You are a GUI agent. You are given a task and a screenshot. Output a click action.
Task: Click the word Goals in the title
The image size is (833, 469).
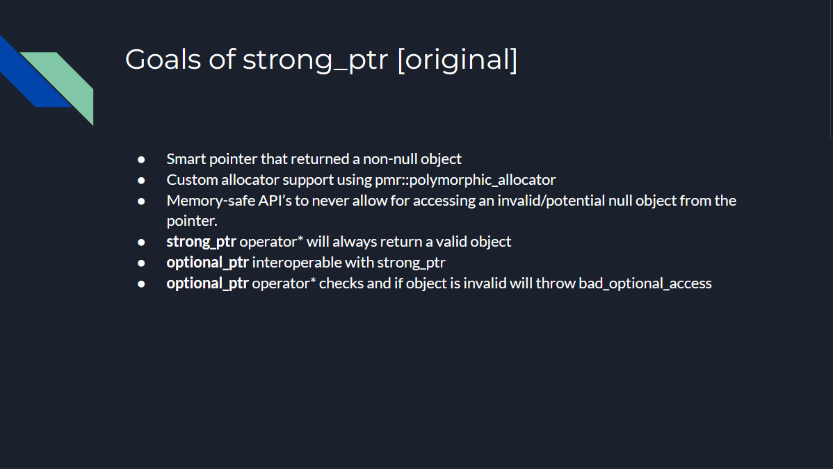[163, 59]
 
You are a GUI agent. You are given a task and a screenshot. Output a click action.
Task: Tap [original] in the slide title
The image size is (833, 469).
[458, 60]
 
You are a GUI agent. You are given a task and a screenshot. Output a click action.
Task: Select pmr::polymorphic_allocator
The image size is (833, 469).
[465, 180]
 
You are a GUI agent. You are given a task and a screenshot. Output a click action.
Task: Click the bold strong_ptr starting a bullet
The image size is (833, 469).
[202, 242]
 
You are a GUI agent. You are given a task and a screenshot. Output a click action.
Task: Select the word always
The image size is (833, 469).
[355, 242]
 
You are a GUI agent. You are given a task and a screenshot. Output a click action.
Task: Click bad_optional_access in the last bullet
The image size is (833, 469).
[645, 283]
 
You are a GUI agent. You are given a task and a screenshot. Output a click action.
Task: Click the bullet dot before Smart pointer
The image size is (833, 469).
[141, 159]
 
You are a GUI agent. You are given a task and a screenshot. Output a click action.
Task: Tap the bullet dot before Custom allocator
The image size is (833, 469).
[141, 181]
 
